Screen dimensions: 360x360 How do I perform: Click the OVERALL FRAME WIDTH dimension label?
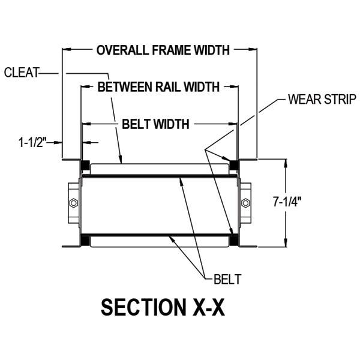click(x=163, y=50)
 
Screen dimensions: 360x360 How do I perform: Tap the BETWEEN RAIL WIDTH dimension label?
click(x=158, y=87)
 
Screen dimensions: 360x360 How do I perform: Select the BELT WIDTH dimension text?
click(x=155, y=125)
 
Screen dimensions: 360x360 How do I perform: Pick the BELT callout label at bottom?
click(x=227, y=279)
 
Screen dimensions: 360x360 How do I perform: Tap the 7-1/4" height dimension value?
click(x=286, y=202)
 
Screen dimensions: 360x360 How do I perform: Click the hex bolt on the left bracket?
click(x=73, y=203)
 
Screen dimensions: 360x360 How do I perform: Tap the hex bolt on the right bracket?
click(x=245, y=203)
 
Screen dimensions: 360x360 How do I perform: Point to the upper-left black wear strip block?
click(x=85, y=165)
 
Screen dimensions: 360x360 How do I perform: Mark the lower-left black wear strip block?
click(x=85, y=241)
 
